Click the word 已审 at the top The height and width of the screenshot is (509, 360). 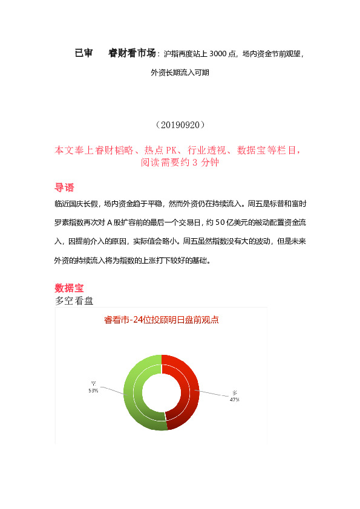83,53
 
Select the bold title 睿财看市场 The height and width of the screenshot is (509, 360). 132,53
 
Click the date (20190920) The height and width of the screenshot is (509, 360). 180,125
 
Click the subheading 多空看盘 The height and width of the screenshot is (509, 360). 73,300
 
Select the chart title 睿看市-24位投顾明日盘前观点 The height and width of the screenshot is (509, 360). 162,320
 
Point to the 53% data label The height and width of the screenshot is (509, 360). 93,391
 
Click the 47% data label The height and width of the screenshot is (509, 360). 234,400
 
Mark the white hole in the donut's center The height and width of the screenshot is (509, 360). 162,393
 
